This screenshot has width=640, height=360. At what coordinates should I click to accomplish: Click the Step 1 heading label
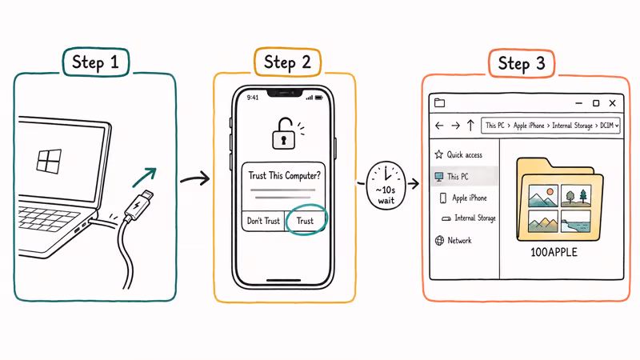point(94,62)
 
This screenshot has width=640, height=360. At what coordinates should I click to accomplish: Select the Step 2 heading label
point(286,62)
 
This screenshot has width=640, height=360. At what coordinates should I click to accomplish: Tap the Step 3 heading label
point(521,63)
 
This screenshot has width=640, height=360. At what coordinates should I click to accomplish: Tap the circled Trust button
point(305,221)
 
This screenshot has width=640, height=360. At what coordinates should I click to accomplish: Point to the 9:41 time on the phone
point(253,98)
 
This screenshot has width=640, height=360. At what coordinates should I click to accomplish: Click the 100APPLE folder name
point(554,253)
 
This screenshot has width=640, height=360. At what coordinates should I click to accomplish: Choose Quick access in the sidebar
point(465,154)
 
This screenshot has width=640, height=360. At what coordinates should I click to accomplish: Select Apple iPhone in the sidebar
point(469,198)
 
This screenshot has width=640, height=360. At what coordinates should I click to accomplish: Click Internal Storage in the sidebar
point(474,218)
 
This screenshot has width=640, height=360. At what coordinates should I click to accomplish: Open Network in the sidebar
point(459,240)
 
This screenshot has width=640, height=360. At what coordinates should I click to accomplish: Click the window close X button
point(613,103)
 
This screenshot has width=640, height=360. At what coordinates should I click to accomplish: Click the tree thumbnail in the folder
point(575,196)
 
